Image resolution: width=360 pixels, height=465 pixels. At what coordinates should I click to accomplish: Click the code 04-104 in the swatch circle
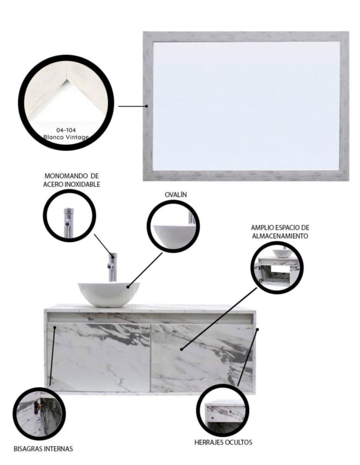point(66,130)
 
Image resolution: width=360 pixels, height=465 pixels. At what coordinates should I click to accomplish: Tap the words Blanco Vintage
point(66,137)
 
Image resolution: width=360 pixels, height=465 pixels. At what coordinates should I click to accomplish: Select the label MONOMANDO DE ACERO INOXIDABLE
point(72,180)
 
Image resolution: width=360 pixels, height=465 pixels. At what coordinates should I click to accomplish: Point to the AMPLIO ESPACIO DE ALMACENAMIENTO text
point(280,232)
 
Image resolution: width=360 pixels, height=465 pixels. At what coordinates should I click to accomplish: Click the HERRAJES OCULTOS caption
point(223,442)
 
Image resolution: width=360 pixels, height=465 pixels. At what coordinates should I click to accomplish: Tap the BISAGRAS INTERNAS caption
point(43,449)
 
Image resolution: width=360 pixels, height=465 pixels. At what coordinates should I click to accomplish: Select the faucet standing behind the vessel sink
point(113,267)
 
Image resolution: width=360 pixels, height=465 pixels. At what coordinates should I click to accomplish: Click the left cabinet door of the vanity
point(99,357)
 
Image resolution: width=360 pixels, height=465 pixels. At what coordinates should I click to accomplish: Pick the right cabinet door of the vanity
point(202,357)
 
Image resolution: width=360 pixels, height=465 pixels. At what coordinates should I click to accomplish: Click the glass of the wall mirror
point(246,106)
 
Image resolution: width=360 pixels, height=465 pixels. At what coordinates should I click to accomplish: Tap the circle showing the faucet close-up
point(69,215)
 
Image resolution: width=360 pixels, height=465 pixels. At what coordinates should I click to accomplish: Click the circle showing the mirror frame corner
point(66,102)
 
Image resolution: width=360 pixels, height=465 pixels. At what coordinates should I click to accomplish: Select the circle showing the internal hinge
point(39,414)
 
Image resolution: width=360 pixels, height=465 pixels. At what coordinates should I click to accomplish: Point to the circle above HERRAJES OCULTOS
point(223,410)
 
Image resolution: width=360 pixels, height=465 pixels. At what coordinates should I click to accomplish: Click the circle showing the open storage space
point(277,268)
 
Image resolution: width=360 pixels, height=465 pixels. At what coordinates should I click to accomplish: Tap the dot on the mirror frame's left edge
point(147,106)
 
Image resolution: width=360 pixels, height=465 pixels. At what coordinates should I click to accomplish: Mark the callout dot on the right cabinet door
point(181,349)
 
